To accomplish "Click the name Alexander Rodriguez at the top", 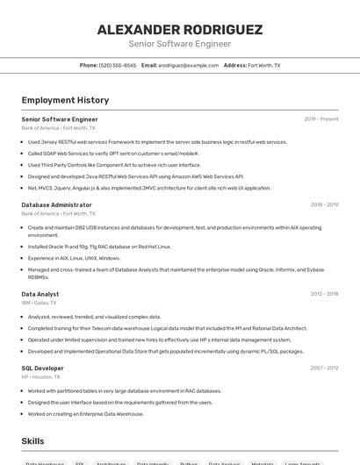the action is pos(180,29).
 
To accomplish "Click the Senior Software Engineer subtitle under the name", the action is pos(180,44).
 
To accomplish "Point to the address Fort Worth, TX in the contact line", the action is pos(264,65).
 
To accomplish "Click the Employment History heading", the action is pos(65,100).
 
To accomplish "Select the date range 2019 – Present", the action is pos(321,119).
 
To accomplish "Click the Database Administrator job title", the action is pos(56,204).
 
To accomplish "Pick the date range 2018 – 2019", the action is pos(324,204).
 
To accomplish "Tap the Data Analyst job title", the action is pos(40,294).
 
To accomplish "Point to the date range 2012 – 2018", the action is pos(324,294).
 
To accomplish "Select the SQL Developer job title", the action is pos(42,368).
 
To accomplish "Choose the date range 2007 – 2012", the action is pos(324,368).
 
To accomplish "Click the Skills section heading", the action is pos(32,440).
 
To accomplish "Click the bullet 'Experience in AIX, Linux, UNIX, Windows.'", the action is pos(74,258).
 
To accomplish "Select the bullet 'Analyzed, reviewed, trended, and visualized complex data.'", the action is pos(94,317).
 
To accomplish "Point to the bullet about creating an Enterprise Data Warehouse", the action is pos(85,413).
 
